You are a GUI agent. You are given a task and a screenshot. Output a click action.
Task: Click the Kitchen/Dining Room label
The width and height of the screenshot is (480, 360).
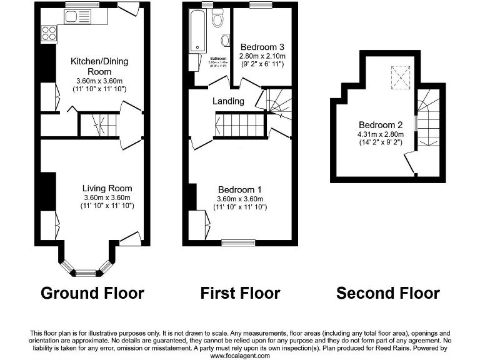coord(99,66)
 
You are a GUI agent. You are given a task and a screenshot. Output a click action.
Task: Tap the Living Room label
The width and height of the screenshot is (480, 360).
coord(107,188)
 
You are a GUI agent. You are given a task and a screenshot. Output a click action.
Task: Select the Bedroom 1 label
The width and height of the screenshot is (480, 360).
coord(239,190)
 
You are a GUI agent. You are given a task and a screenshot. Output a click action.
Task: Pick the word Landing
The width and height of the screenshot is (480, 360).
coord(228,101)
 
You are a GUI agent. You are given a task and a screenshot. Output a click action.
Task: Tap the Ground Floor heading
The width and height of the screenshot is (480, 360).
coord(92,292)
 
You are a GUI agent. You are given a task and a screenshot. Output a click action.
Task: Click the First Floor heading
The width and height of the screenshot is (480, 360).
coord(240,292)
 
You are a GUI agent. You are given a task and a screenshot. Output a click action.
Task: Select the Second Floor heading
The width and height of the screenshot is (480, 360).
coord(388,292)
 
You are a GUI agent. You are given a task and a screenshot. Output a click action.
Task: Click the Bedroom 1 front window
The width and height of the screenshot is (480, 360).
coord(239,243)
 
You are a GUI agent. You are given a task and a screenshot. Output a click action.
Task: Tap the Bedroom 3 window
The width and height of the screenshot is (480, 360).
coord(261,5)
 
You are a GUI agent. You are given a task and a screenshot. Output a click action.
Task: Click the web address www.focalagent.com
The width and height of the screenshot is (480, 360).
coord(239,356)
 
